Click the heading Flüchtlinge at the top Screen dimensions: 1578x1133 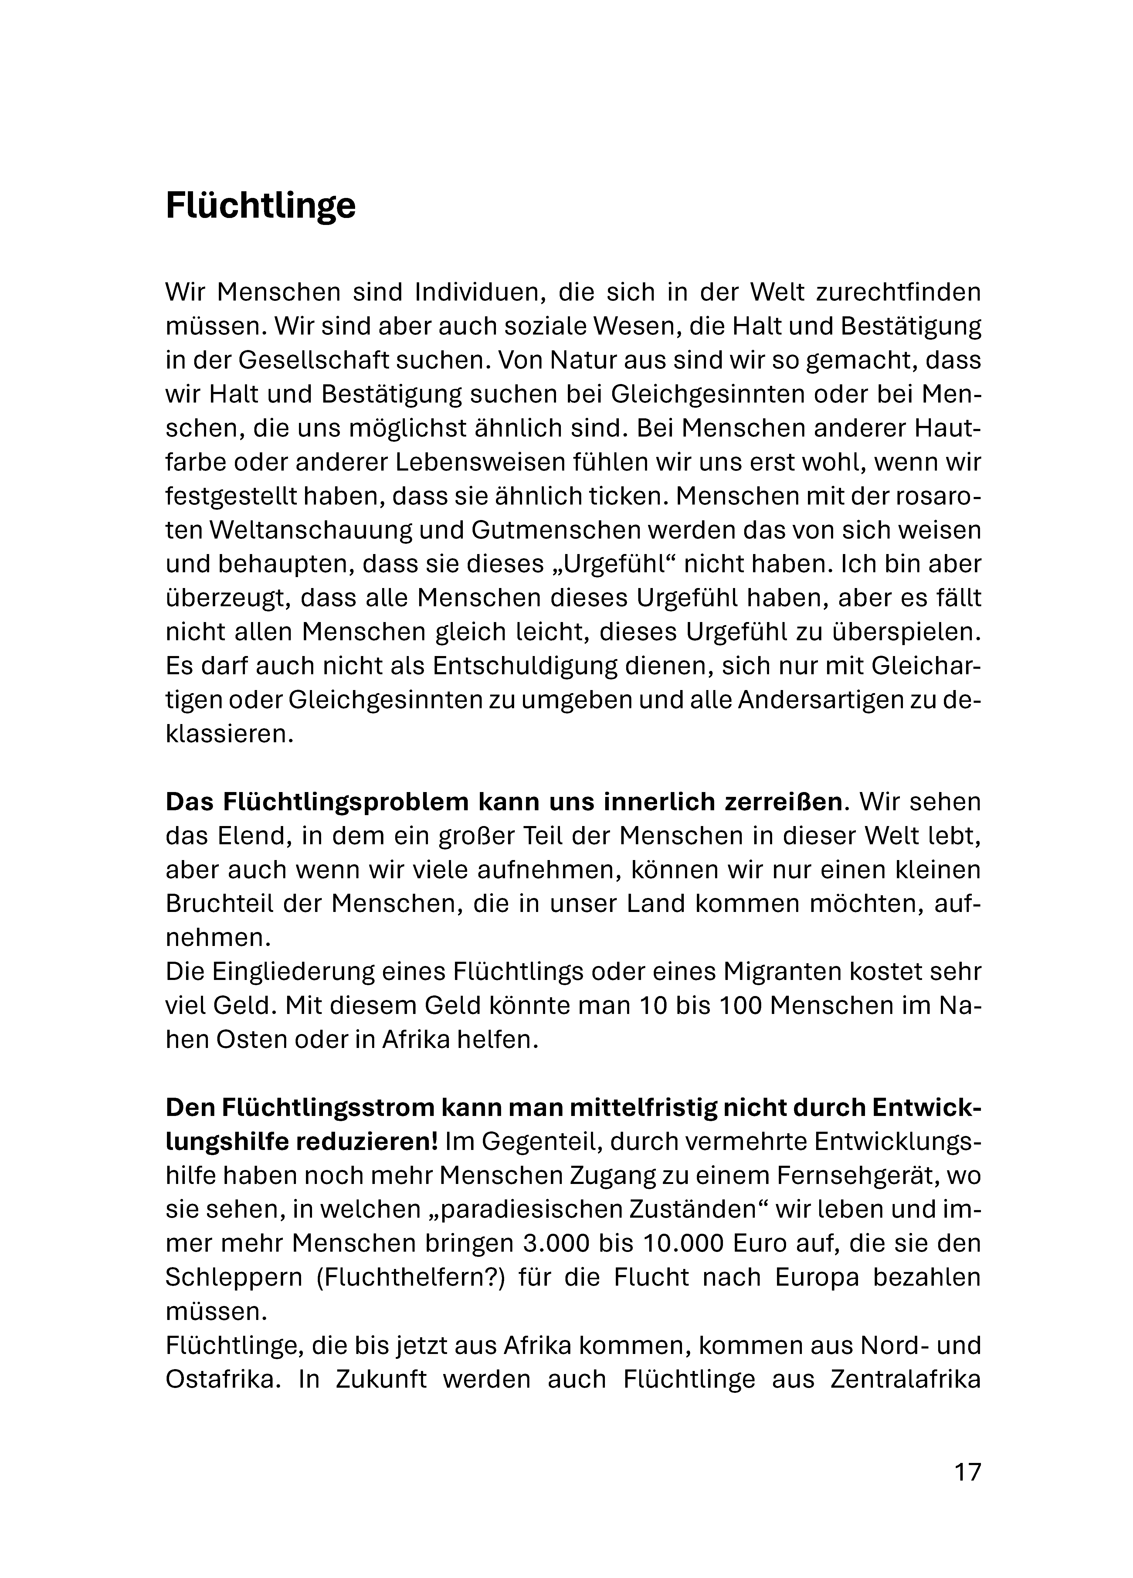click(260, 207)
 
